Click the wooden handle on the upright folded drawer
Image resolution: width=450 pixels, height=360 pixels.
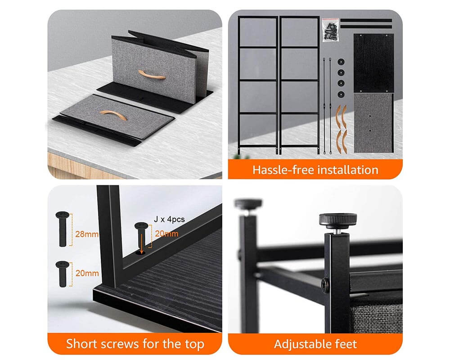pos(152,76)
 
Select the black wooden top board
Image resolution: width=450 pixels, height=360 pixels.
pos(373,63)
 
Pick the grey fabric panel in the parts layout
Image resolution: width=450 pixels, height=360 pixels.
pos(373,123)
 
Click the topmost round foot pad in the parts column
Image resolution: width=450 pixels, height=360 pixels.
pos(341,62)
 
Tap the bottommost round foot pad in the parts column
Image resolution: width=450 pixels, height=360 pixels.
pos(341,94)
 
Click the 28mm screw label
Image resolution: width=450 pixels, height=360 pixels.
pos(87,234)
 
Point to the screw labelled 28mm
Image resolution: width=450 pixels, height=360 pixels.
pos(63,229)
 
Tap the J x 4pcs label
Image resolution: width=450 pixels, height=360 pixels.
pos(169,219)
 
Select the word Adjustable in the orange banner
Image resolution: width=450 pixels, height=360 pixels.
pos(302,344)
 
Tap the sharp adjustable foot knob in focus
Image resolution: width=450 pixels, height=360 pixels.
pos(338,220)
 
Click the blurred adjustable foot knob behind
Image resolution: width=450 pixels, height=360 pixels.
pos(248,204)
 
